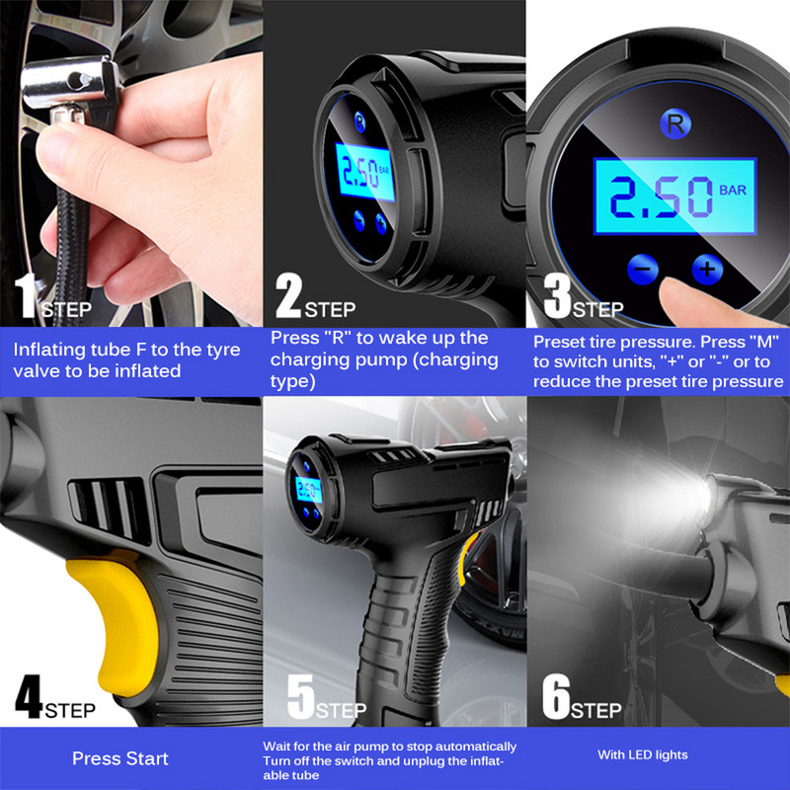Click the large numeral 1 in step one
pyautogui.click(x=26, y=295)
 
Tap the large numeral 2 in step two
pyautogui.click(x=288, y=295)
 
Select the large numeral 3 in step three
pyautogui.click(x=557, y=295)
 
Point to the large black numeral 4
pyautogui.click(x=29, y=696)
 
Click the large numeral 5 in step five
pyautogui.click(x=301, y=696)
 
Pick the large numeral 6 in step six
pyautogui.click(x=556, y=696)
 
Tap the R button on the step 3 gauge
pyautogui.click(x=675, y=123)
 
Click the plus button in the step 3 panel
pyautogui.click(x=707, y=269)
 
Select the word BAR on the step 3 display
pyautogui.click(x=733, y=190)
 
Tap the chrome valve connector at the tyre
pyautogui.click(x=70, y=88)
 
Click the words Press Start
pyautogui.click(x=119, y=758)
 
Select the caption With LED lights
pyautogui.click(x=643, y=754)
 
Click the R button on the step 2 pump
pyautogui.click(x=359, y=121)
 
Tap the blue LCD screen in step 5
pyautogui.click(x=308, y=490)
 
